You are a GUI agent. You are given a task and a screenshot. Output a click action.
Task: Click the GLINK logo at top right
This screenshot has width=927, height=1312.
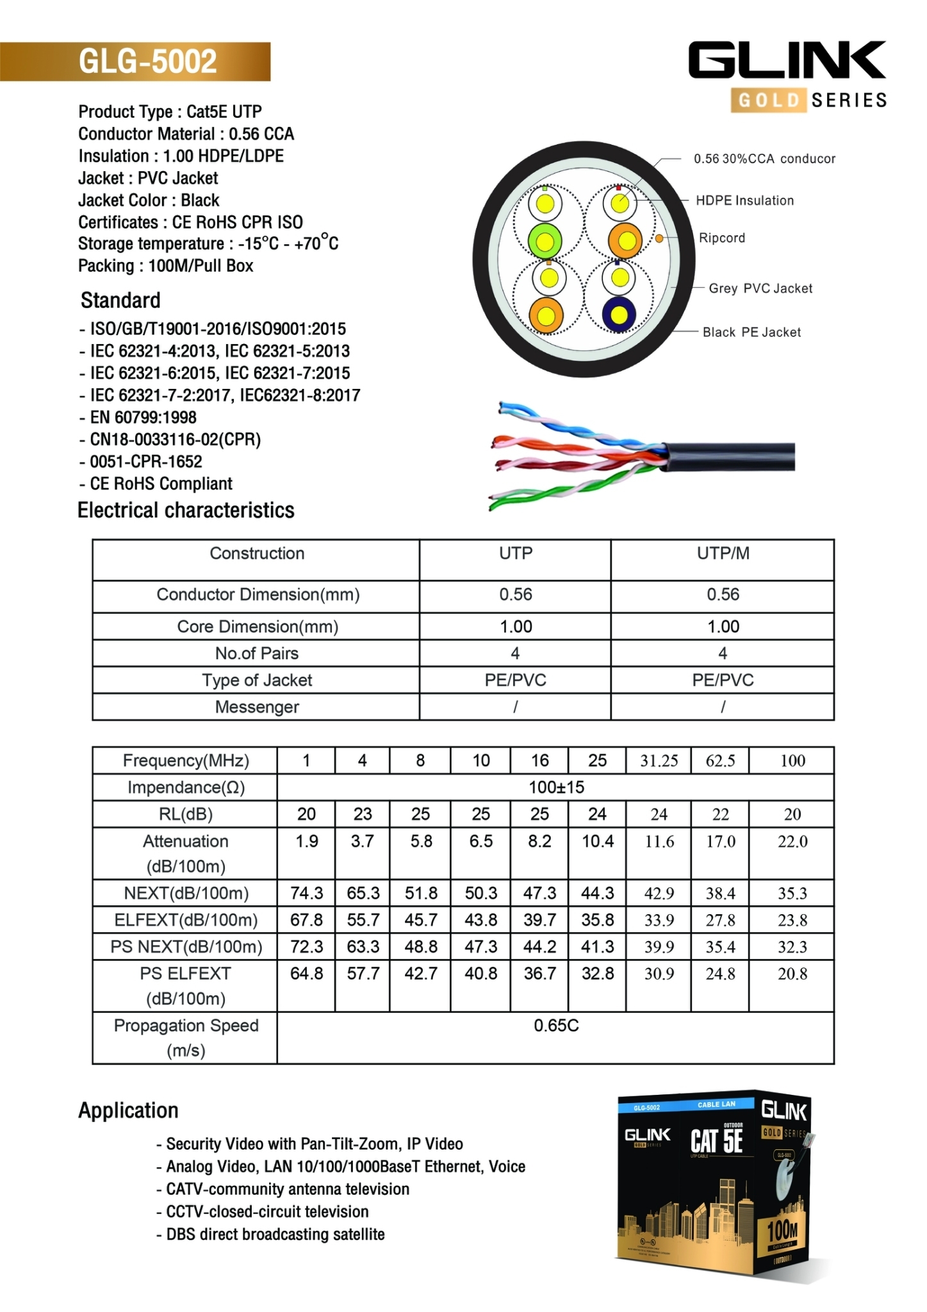(787, 61)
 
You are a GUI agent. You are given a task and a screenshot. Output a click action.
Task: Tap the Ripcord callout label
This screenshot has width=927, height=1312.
(722, 238)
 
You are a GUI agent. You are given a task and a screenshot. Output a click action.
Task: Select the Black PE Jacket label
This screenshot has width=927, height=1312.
(751, 332)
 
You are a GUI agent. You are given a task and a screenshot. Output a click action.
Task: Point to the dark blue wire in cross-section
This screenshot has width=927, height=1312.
(619, 315)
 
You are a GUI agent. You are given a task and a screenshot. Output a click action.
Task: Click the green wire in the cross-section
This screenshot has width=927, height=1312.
(545, 242)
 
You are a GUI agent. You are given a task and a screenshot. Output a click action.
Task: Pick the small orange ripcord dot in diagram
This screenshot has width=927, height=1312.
(659, 238)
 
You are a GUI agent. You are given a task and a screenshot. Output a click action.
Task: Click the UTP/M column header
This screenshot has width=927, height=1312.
(723, 553)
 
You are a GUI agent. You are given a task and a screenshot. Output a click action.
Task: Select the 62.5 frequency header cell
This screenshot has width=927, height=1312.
(720, 760)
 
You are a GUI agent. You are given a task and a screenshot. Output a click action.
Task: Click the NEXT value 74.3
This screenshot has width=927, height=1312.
(306, 893)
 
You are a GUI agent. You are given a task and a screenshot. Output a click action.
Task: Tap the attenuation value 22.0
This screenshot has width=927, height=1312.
(792, 841)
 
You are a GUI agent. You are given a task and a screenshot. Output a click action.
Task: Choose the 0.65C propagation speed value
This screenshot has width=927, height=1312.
(555, 1026)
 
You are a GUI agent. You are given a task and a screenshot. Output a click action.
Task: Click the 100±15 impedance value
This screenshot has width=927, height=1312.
(555, 787)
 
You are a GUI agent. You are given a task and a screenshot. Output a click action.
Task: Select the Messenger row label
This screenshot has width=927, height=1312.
(256, 707)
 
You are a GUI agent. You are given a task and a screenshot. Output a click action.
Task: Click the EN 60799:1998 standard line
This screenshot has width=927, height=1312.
(143, 417)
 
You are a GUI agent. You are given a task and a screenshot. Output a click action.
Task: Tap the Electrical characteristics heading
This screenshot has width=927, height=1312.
(186, 510)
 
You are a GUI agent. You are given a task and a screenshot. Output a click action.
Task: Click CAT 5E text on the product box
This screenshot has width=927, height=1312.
(716, 1141)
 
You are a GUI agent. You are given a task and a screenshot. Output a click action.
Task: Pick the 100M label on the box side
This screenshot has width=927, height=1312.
(782, 1229)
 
